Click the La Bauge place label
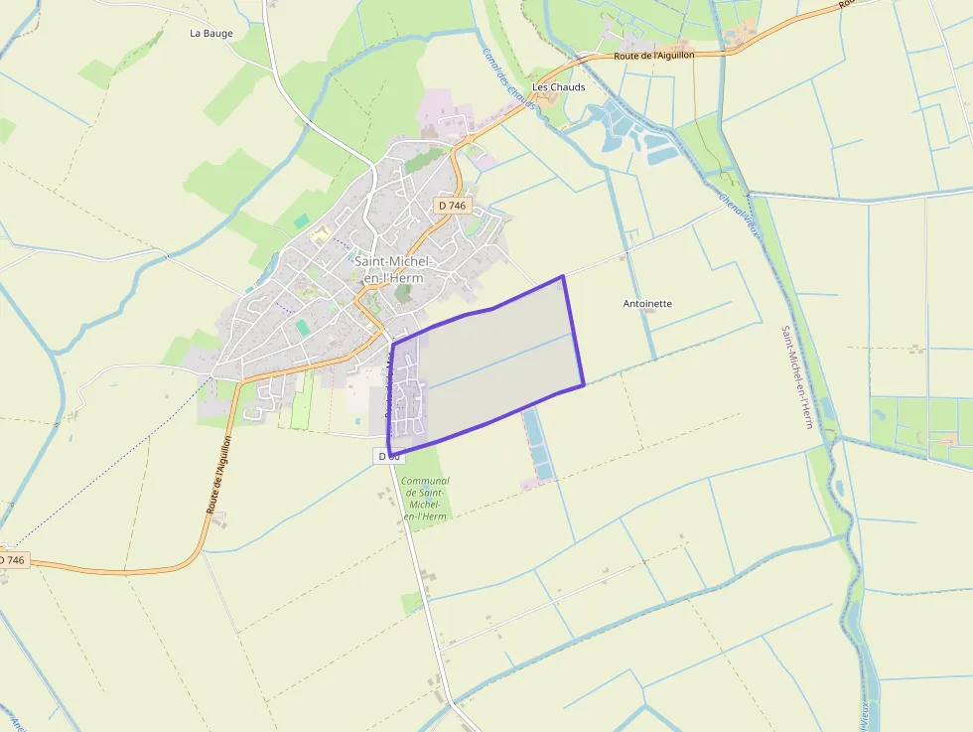[211, 33]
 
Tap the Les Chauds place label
[559, 87]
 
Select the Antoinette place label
[647, 303]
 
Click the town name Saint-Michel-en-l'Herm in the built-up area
[395, 269]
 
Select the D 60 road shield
[389, 455]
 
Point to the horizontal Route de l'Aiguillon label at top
[653, 56]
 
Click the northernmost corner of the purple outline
[563, 276]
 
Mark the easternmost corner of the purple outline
[584, 383]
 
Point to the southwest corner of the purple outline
[388, 455]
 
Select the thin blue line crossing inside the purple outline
[496, 363]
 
